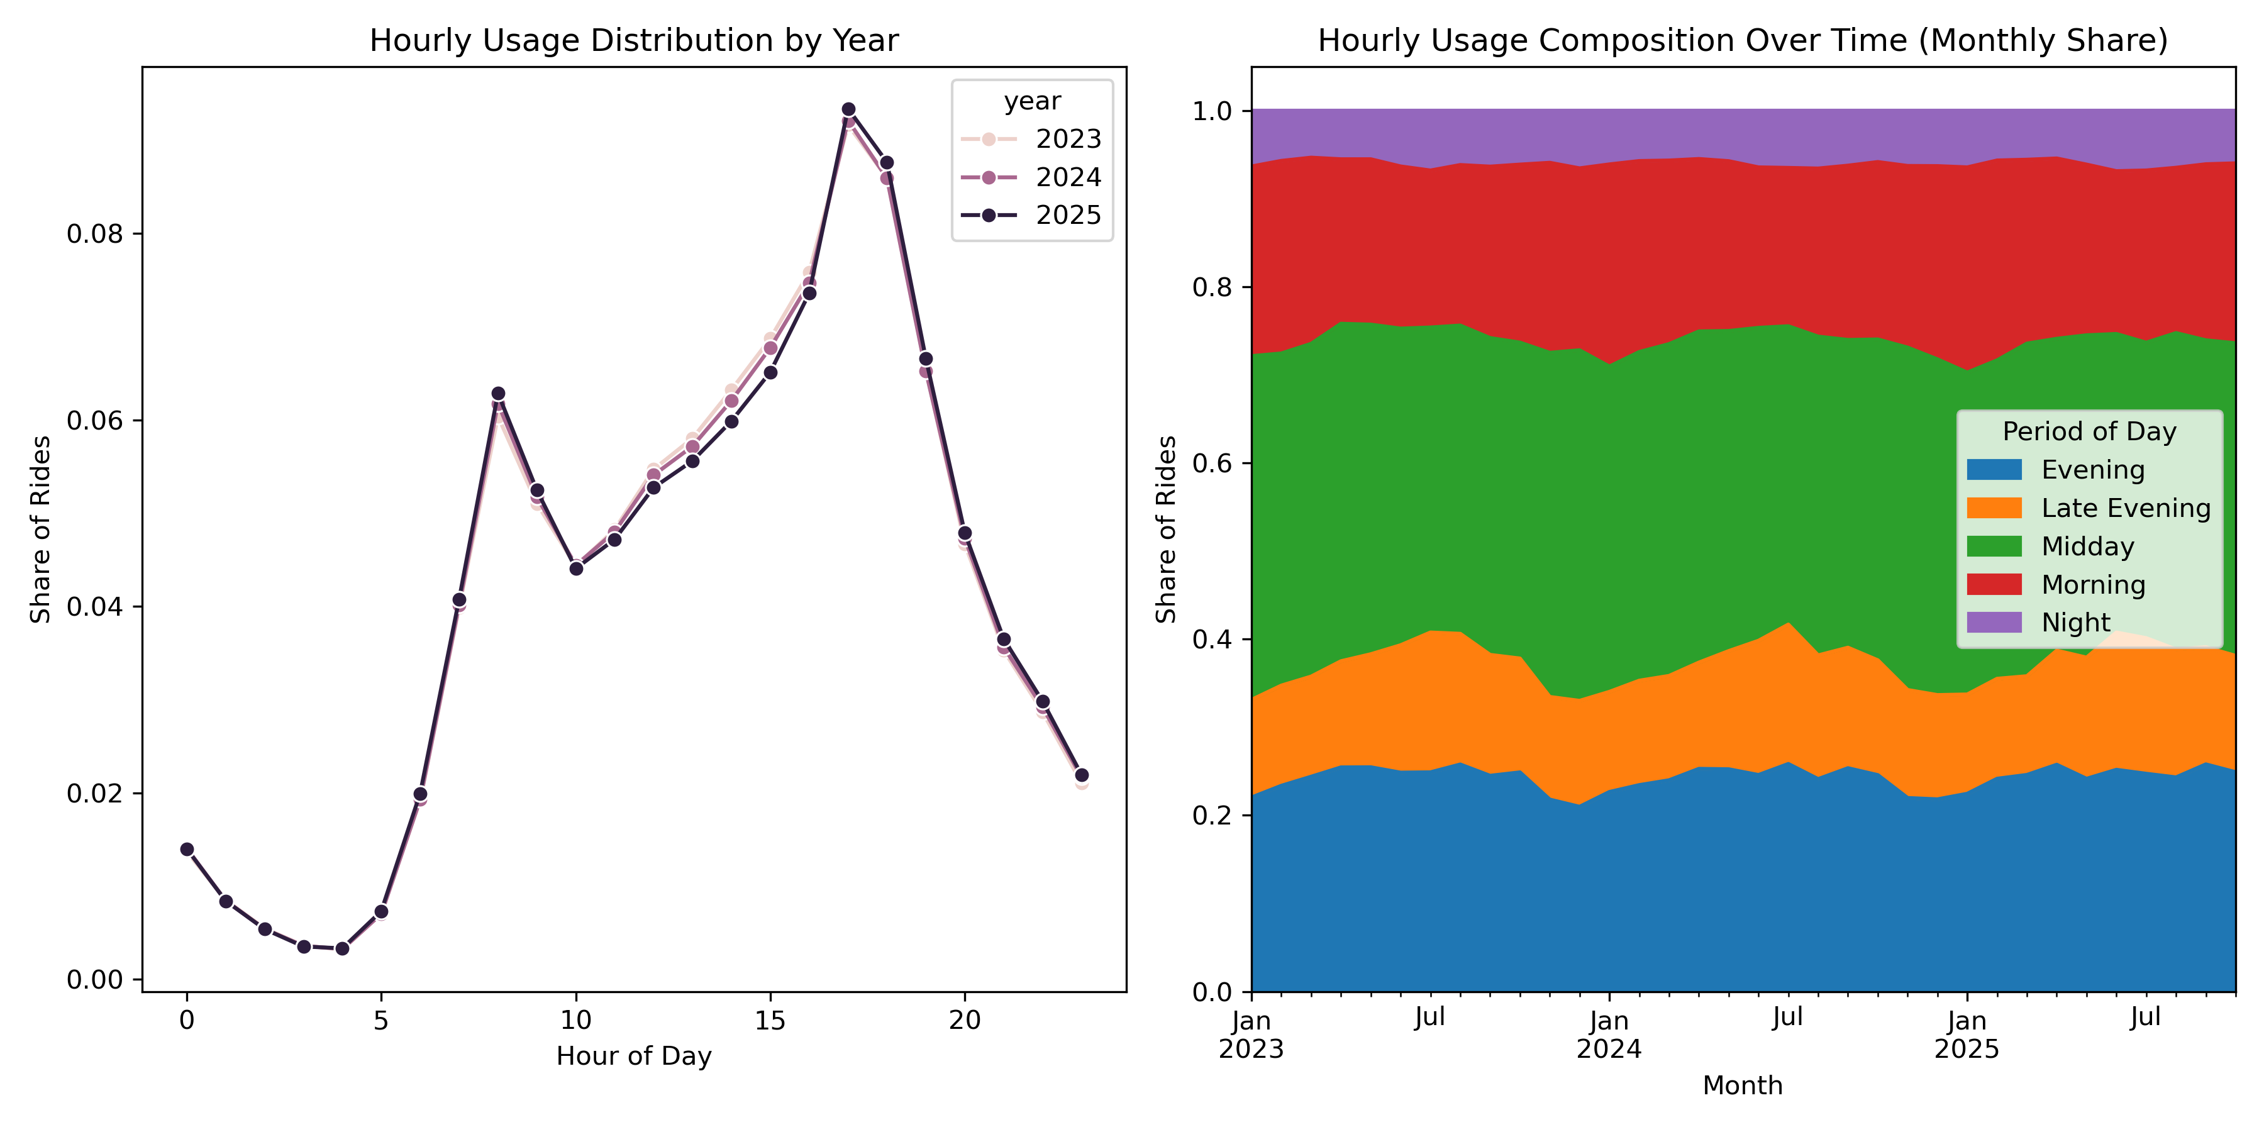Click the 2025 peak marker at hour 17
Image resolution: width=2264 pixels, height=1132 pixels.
click(x=848, y=110)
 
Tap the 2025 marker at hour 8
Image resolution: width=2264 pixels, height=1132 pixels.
click(x=498, y=394)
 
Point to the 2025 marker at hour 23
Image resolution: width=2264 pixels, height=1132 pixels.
click(x=1082, y=775)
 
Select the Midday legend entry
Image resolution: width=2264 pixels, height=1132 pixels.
click(x=2087, y=547)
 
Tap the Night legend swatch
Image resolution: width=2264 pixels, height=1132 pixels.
click(x=1994, y=622)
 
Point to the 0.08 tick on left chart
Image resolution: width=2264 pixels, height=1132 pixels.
click(x=94, y=235)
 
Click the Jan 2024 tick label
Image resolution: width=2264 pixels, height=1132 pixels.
click(x=1608, y=1035)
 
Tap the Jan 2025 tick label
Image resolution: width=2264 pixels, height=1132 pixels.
click(x=1967, y=1035)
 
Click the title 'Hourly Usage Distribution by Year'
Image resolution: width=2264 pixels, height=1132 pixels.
click(x=634, y=40)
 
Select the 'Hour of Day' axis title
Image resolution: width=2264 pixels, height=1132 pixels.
click(x=634, y=1055)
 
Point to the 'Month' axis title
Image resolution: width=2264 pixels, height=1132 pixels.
click(x=1743, y=1085)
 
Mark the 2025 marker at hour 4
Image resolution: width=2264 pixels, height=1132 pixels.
click(x=343, y=948)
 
